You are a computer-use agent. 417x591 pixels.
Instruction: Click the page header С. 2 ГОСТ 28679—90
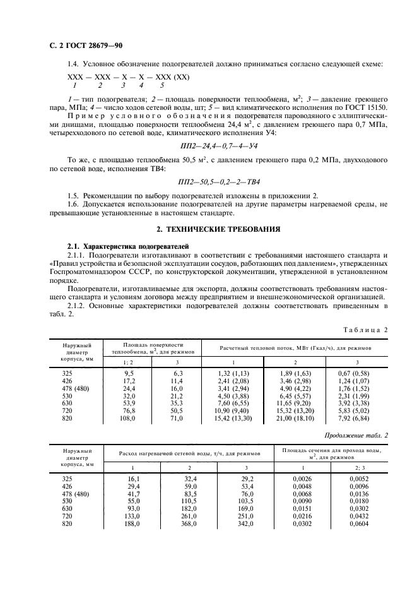pos(85,47)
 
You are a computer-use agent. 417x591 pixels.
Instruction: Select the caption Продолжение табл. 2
pos(355,435)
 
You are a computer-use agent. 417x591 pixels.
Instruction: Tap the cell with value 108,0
pos(129,419)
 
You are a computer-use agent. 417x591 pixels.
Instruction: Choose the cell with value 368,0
pos(189,523)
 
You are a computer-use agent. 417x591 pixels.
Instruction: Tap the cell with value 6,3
pos(177,373)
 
